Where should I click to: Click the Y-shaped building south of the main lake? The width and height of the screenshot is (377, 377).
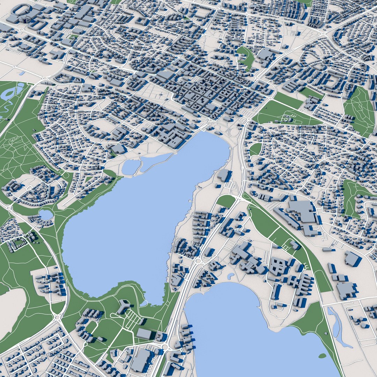coord(123,307)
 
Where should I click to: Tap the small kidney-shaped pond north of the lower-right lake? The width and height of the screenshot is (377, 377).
coord(230,276)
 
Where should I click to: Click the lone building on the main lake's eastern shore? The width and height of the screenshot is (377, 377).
coord(223,175)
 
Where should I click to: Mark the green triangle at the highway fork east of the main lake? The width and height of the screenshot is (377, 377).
coord(226,201)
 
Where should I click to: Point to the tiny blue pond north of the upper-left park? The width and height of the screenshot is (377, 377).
coord(22,73)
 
